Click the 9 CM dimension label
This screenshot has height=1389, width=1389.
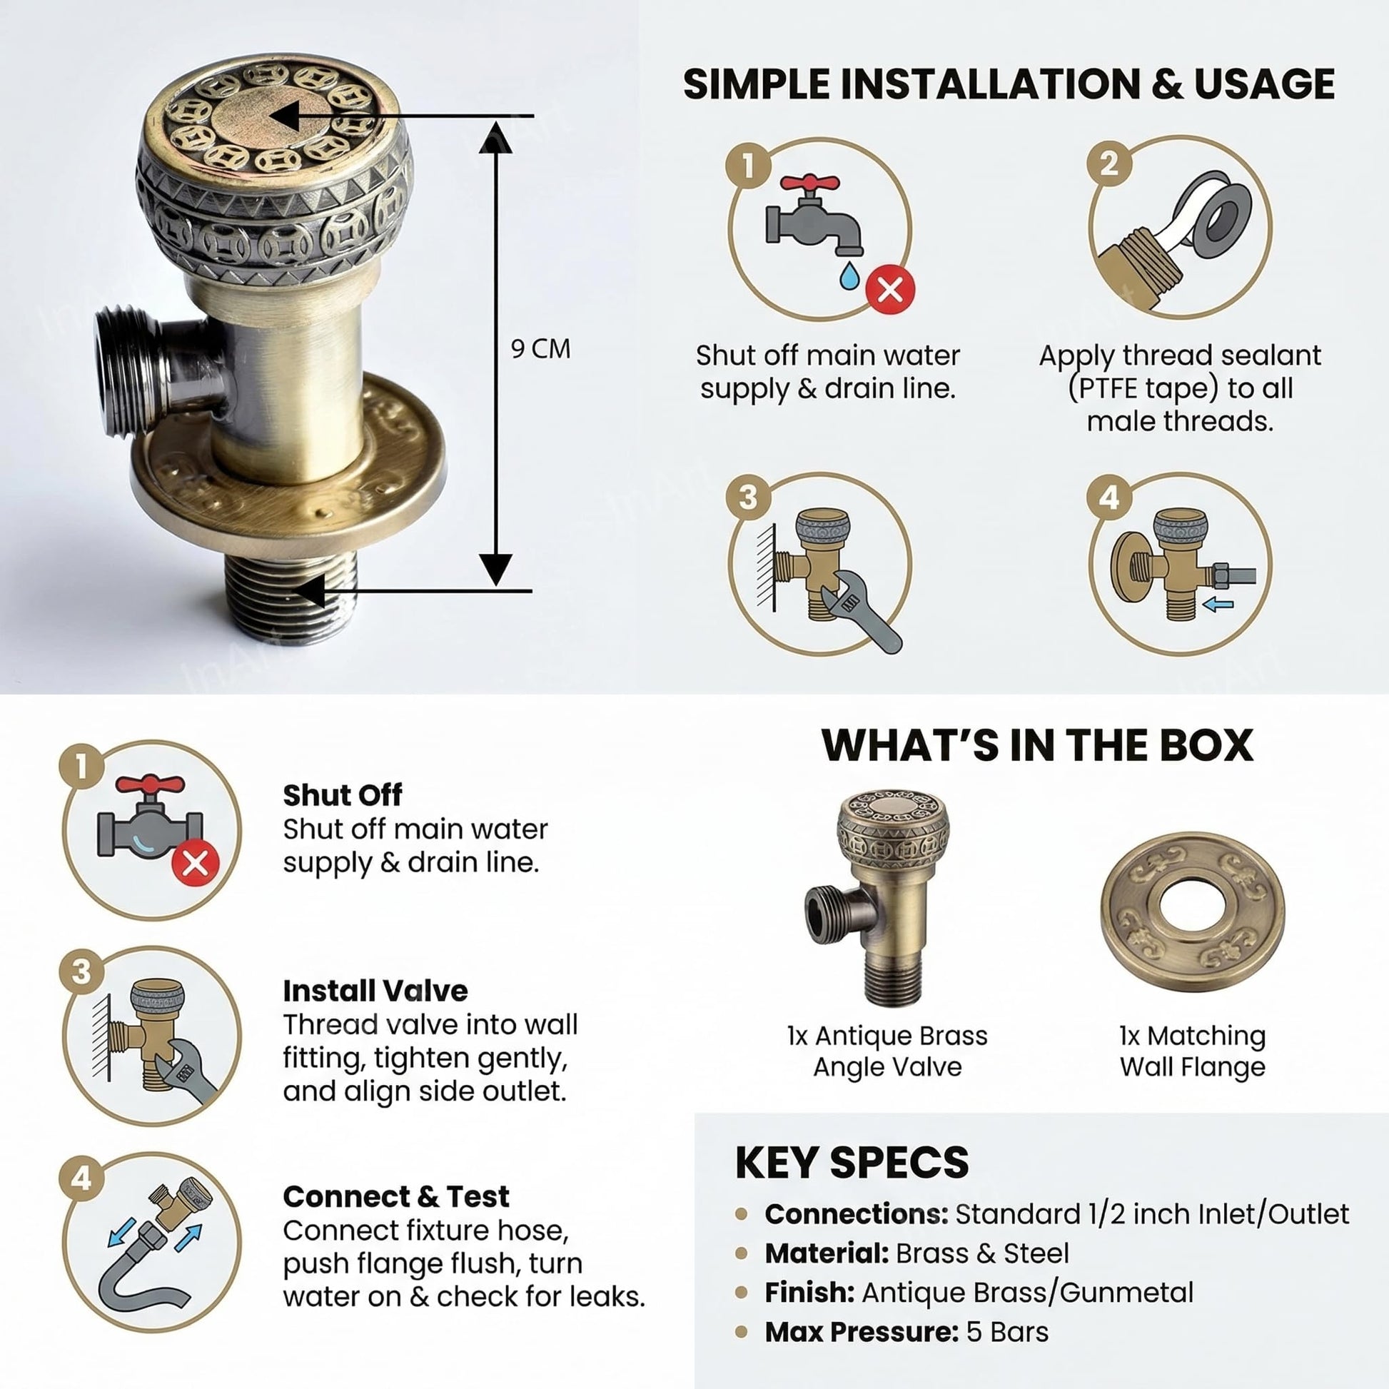pyautogui.click(x=540, y=349)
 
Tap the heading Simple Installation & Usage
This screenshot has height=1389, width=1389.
pyautogui.click(x=1009, y=84)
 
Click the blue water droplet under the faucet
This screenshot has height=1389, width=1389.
pyautogui.click(x=850, y=275)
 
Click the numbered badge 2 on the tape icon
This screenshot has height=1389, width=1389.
pyautogui.click(x=1109, y=163)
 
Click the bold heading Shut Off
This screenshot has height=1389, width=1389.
pyautogui.click(x=342, y=794)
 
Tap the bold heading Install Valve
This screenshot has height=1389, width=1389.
pyautogui.click(x=375, y=991)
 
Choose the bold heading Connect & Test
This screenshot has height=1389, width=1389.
pyautogui.click(x=396, y=1196)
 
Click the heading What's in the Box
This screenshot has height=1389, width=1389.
pyautogui.click(x=1037, y=745)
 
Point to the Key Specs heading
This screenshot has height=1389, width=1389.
pyautogui.click(x=852, y=1162)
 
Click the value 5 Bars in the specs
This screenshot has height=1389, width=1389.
pyautogui.click(x=1007, y=1332)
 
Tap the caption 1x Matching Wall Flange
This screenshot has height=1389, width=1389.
pyautogui.click(x=1193, y=1051)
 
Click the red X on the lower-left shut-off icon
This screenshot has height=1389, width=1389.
pyautogui.click(x=195, y=863)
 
